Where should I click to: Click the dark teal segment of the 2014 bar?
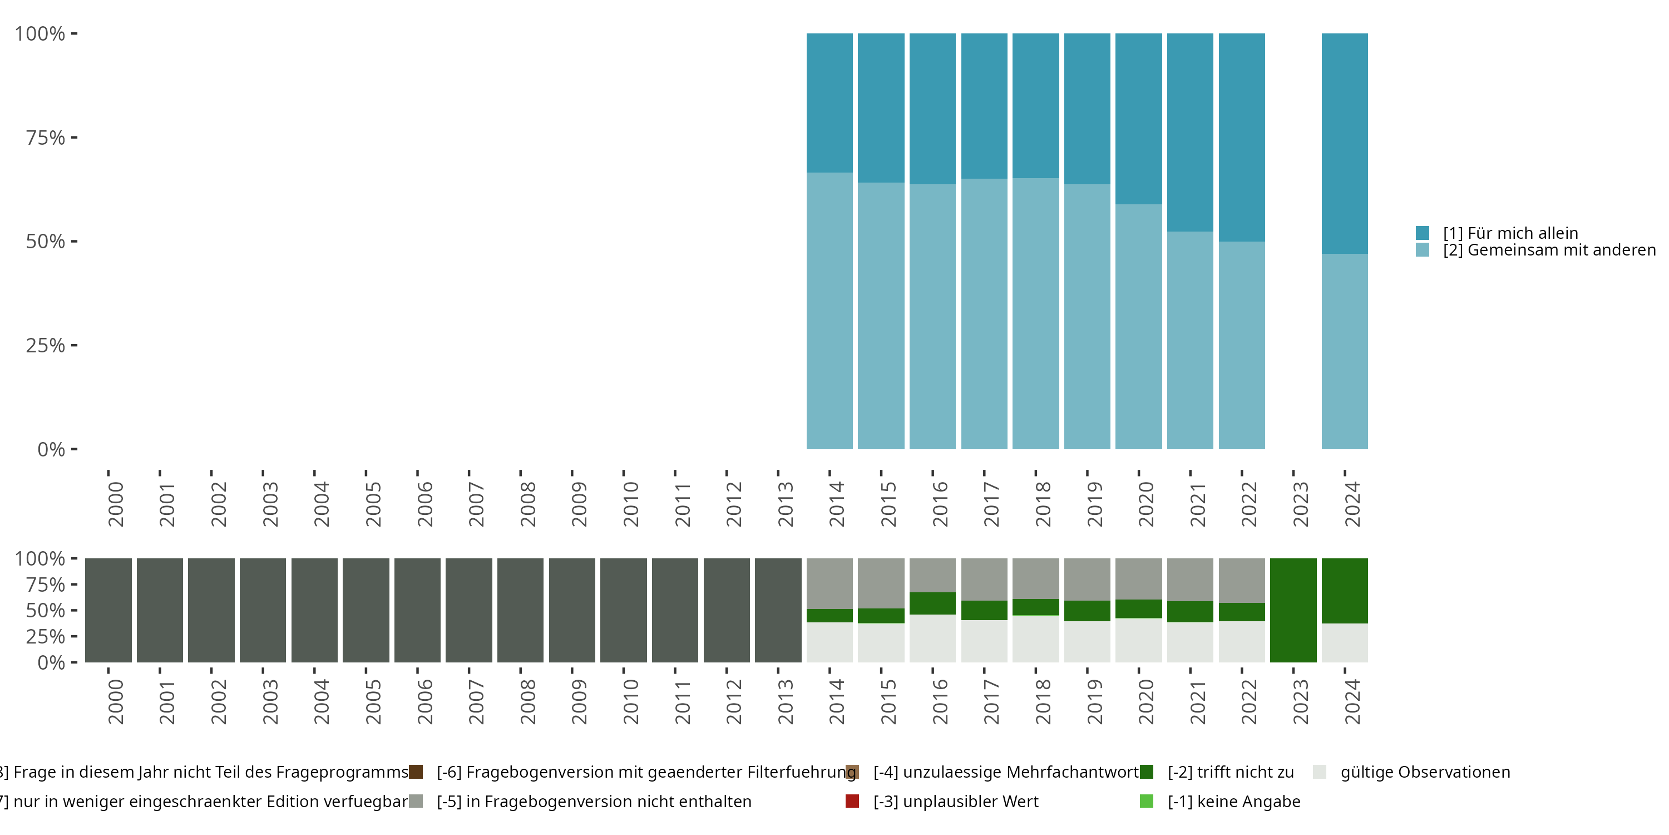(829, 102)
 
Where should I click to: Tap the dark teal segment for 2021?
(1189, 132)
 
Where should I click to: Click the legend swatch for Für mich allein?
(1422, 233)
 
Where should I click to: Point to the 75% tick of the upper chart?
(46, 137)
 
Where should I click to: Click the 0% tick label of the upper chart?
(51, 449)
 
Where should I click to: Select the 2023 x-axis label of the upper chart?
(1300, 504)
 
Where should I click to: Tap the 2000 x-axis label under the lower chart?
(115, 701)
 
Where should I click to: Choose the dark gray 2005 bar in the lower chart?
(366, 610)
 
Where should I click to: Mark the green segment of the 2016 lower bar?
(932, 603)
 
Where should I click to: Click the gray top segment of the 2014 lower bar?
(829, 583)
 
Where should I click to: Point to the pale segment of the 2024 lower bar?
(1345, 642)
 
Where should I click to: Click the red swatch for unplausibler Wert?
(852, 801)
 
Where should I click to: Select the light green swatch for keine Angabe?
(1146, 801)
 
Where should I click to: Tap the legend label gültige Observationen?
(1425, 772)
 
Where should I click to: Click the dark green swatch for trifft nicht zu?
(1146, 772)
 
